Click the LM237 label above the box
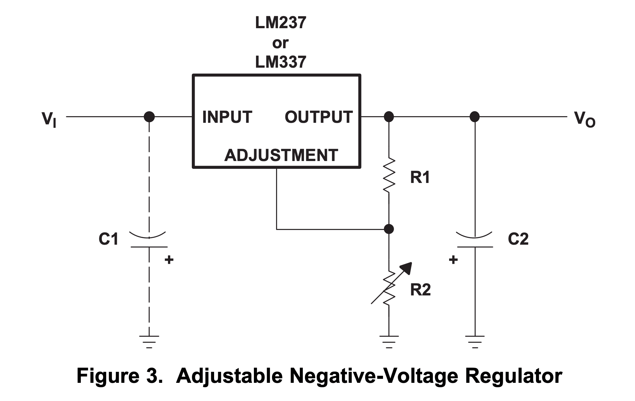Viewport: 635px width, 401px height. click(x=281, y=23)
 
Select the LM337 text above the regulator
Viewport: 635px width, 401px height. click(x=281, y=62)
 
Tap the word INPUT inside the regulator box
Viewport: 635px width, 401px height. click(x=227, y=117)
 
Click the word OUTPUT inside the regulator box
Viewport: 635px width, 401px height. click(x=318, y=117)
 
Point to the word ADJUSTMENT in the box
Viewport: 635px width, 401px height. click(x=281, y=155)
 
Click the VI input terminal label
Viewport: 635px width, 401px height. click(x=49, y=119)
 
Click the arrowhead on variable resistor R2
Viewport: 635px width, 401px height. click(x=407, y=268)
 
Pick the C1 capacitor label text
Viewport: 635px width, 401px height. click(x=108, y=239)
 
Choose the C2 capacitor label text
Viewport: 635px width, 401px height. click(x=518, y=239)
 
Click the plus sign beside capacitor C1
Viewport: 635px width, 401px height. click(x=169, y=260)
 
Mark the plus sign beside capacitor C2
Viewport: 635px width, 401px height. click(x=453, y=260)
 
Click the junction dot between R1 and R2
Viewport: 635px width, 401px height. click(x=389, y=229)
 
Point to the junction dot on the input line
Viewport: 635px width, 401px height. click(x=149, y=117)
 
